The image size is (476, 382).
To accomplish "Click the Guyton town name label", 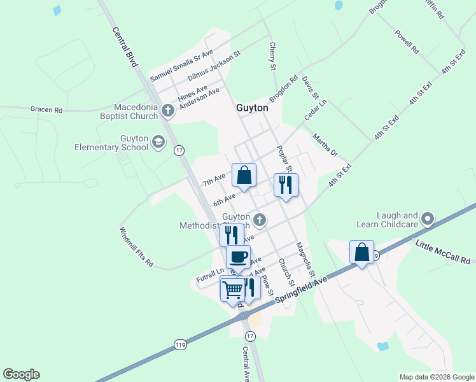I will point(252,108).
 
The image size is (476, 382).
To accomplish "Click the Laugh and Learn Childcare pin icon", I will point(428,220).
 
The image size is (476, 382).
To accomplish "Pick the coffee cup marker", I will point(238,257).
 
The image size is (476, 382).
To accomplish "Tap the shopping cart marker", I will point(233,289).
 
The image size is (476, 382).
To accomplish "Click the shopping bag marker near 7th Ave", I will point(244,174).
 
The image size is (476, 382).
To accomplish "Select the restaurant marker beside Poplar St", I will point(285,185).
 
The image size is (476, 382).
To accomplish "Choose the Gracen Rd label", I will point(46,110).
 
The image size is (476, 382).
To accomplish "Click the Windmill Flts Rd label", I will point(136,247).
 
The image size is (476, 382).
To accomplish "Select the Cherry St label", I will point(272,57).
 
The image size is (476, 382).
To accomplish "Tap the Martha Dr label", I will point(325,144).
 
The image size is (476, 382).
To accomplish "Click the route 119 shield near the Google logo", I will point(181,344).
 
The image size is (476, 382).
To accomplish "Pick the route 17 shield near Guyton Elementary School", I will point(179,150).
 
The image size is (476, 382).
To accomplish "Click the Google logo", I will point(21,374).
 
